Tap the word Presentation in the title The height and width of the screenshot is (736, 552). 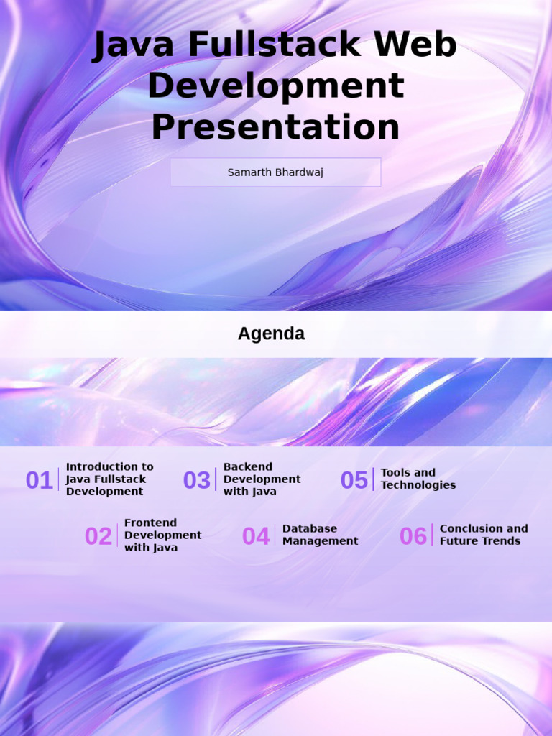(x=275, y=128)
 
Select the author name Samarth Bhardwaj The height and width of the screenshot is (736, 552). (x=275, y=172)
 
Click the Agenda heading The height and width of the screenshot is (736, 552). (x=271, y=333)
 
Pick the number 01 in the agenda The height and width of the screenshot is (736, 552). (x=40, y=480)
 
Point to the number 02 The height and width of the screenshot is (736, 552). (x=98, y=536)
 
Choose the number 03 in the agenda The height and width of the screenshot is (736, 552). (x=197, y=480)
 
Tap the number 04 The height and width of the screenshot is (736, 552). (x=256, y=536)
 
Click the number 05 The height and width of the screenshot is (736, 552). (x=354, y=480)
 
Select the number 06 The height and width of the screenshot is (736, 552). (x=413, y=536)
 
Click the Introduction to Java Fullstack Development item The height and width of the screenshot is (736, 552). (x=109, y=479)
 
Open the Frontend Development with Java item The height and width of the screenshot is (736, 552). (x=162, y=535)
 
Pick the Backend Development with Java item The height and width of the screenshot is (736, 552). (x=262, y=479)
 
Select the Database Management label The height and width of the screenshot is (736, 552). (x=320, y=535)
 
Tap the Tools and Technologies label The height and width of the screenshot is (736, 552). (x=418, y=479)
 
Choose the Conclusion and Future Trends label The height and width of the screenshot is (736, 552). (x=484, y=535)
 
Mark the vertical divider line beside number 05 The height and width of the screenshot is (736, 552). (x=374, y=479)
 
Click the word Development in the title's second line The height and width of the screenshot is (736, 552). (x=275, y=87)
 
